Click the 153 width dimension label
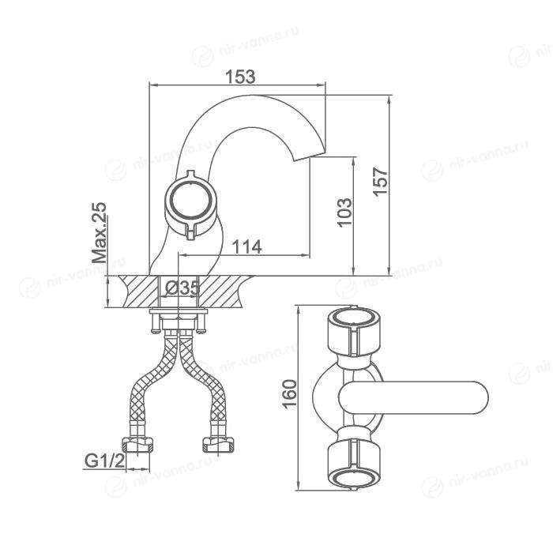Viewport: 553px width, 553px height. click(x=240, y=77)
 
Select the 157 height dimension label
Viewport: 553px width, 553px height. click(x=380, y=181)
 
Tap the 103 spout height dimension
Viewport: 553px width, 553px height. click(x=344, y=213)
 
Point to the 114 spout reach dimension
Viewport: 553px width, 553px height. click(x=246, y=246)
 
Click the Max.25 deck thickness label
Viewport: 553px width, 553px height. click(x=99, y=233)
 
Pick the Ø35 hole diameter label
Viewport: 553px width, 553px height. click(x=182, y=288)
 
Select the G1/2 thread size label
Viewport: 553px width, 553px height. click(x=105, y=461)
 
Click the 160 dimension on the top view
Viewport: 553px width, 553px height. click(x=290, y=394)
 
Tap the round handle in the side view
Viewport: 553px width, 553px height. click(x=190, y=203)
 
